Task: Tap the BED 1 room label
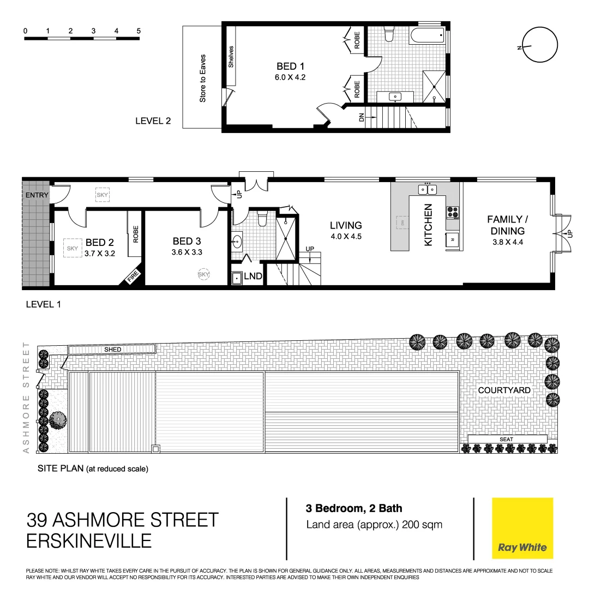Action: (x=290, y=67)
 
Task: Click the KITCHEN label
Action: (x=428, y=225)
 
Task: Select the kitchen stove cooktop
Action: (x=453, y=212)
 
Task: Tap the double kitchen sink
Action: (x=427, y=190)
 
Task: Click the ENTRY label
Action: (x=37, y=195)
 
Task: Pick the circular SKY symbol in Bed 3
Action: (x=204, y=275)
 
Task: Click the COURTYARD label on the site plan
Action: (x=504, y=390)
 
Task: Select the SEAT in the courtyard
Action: (x=507, y=439)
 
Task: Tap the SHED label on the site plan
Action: (x=112, y=349)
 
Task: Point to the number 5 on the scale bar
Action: (x=139, y=31)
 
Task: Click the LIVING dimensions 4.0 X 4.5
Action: (x=345, y=237)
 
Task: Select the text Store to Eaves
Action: (x=203, y=78)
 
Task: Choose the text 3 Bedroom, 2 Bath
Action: (x=354, y=508)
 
